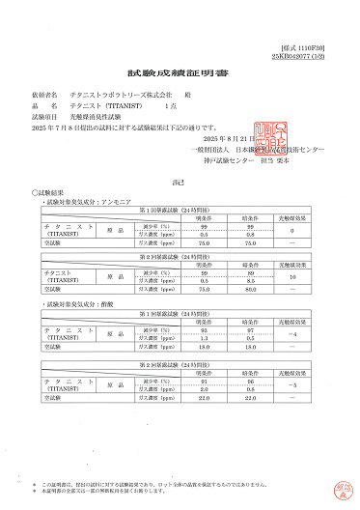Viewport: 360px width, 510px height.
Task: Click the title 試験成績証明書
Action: click(180, 72)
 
